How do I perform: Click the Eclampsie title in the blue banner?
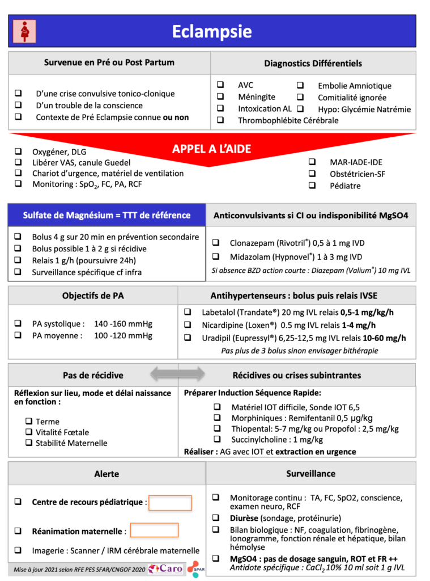click(212, 31)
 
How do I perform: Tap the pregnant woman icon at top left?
click(24, 31)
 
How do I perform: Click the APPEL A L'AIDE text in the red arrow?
click(212, 149)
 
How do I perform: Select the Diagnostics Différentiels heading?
click(313, 63)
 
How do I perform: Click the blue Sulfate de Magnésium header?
click(107, 216)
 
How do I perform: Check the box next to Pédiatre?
click(312, 186)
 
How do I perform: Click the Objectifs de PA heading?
click(93, 296)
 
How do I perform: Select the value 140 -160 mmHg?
click(123, 324)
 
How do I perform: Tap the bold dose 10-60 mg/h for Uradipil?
click(385, 339)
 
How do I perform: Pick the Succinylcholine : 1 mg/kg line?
click(277, 439)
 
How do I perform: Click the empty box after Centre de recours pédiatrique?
click(170, 503)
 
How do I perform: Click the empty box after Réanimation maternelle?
click(154, 531)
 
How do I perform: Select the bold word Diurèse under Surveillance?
click(244, 518)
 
